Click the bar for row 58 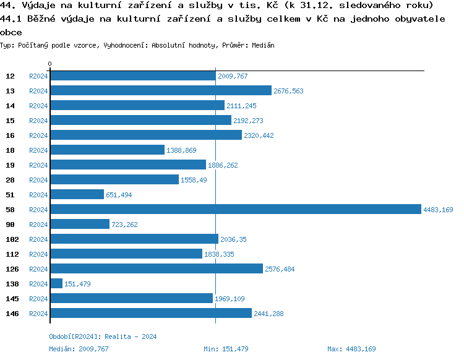pyautogui.click(x=235, y=210)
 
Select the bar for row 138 pyautogui.click(x=56, y=284)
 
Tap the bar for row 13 pyautogui.click(x=161, y=91)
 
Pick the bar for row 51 pyautogui.click(x=77, y=195)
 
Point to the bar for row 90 pyautogui.click(x=80, y=225)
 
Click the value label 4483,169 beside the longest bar pyautogui.click(x=438, y=210)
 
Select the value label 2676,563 pyautogui.click(x=289, y=91)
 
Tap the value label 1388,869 pyautogui.click(x=182, y=150)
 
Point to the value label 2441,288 pyautogui.click(x=269, y=314)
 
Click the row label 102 pyautogui.click(x=12, y=239)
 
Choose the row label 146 pyautogui.click(x=12, y=314)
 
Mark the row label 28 pyautogui.click(x=11, y=180)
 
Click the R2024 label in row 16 pyautogui.click(x=38, y=135)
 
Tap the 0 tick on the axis pyautogui.click(x=50, y=64)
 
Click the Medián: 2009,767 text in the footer pyautogui.click(x=79, y=349)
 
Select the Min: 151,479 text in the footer pyautogui.click(x=226, y=349)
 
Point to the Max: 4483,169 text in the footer pyautogui.click(x=351, y=349)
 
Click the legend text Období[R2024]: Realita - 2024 pyautogui.click(x=103, y=336)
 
